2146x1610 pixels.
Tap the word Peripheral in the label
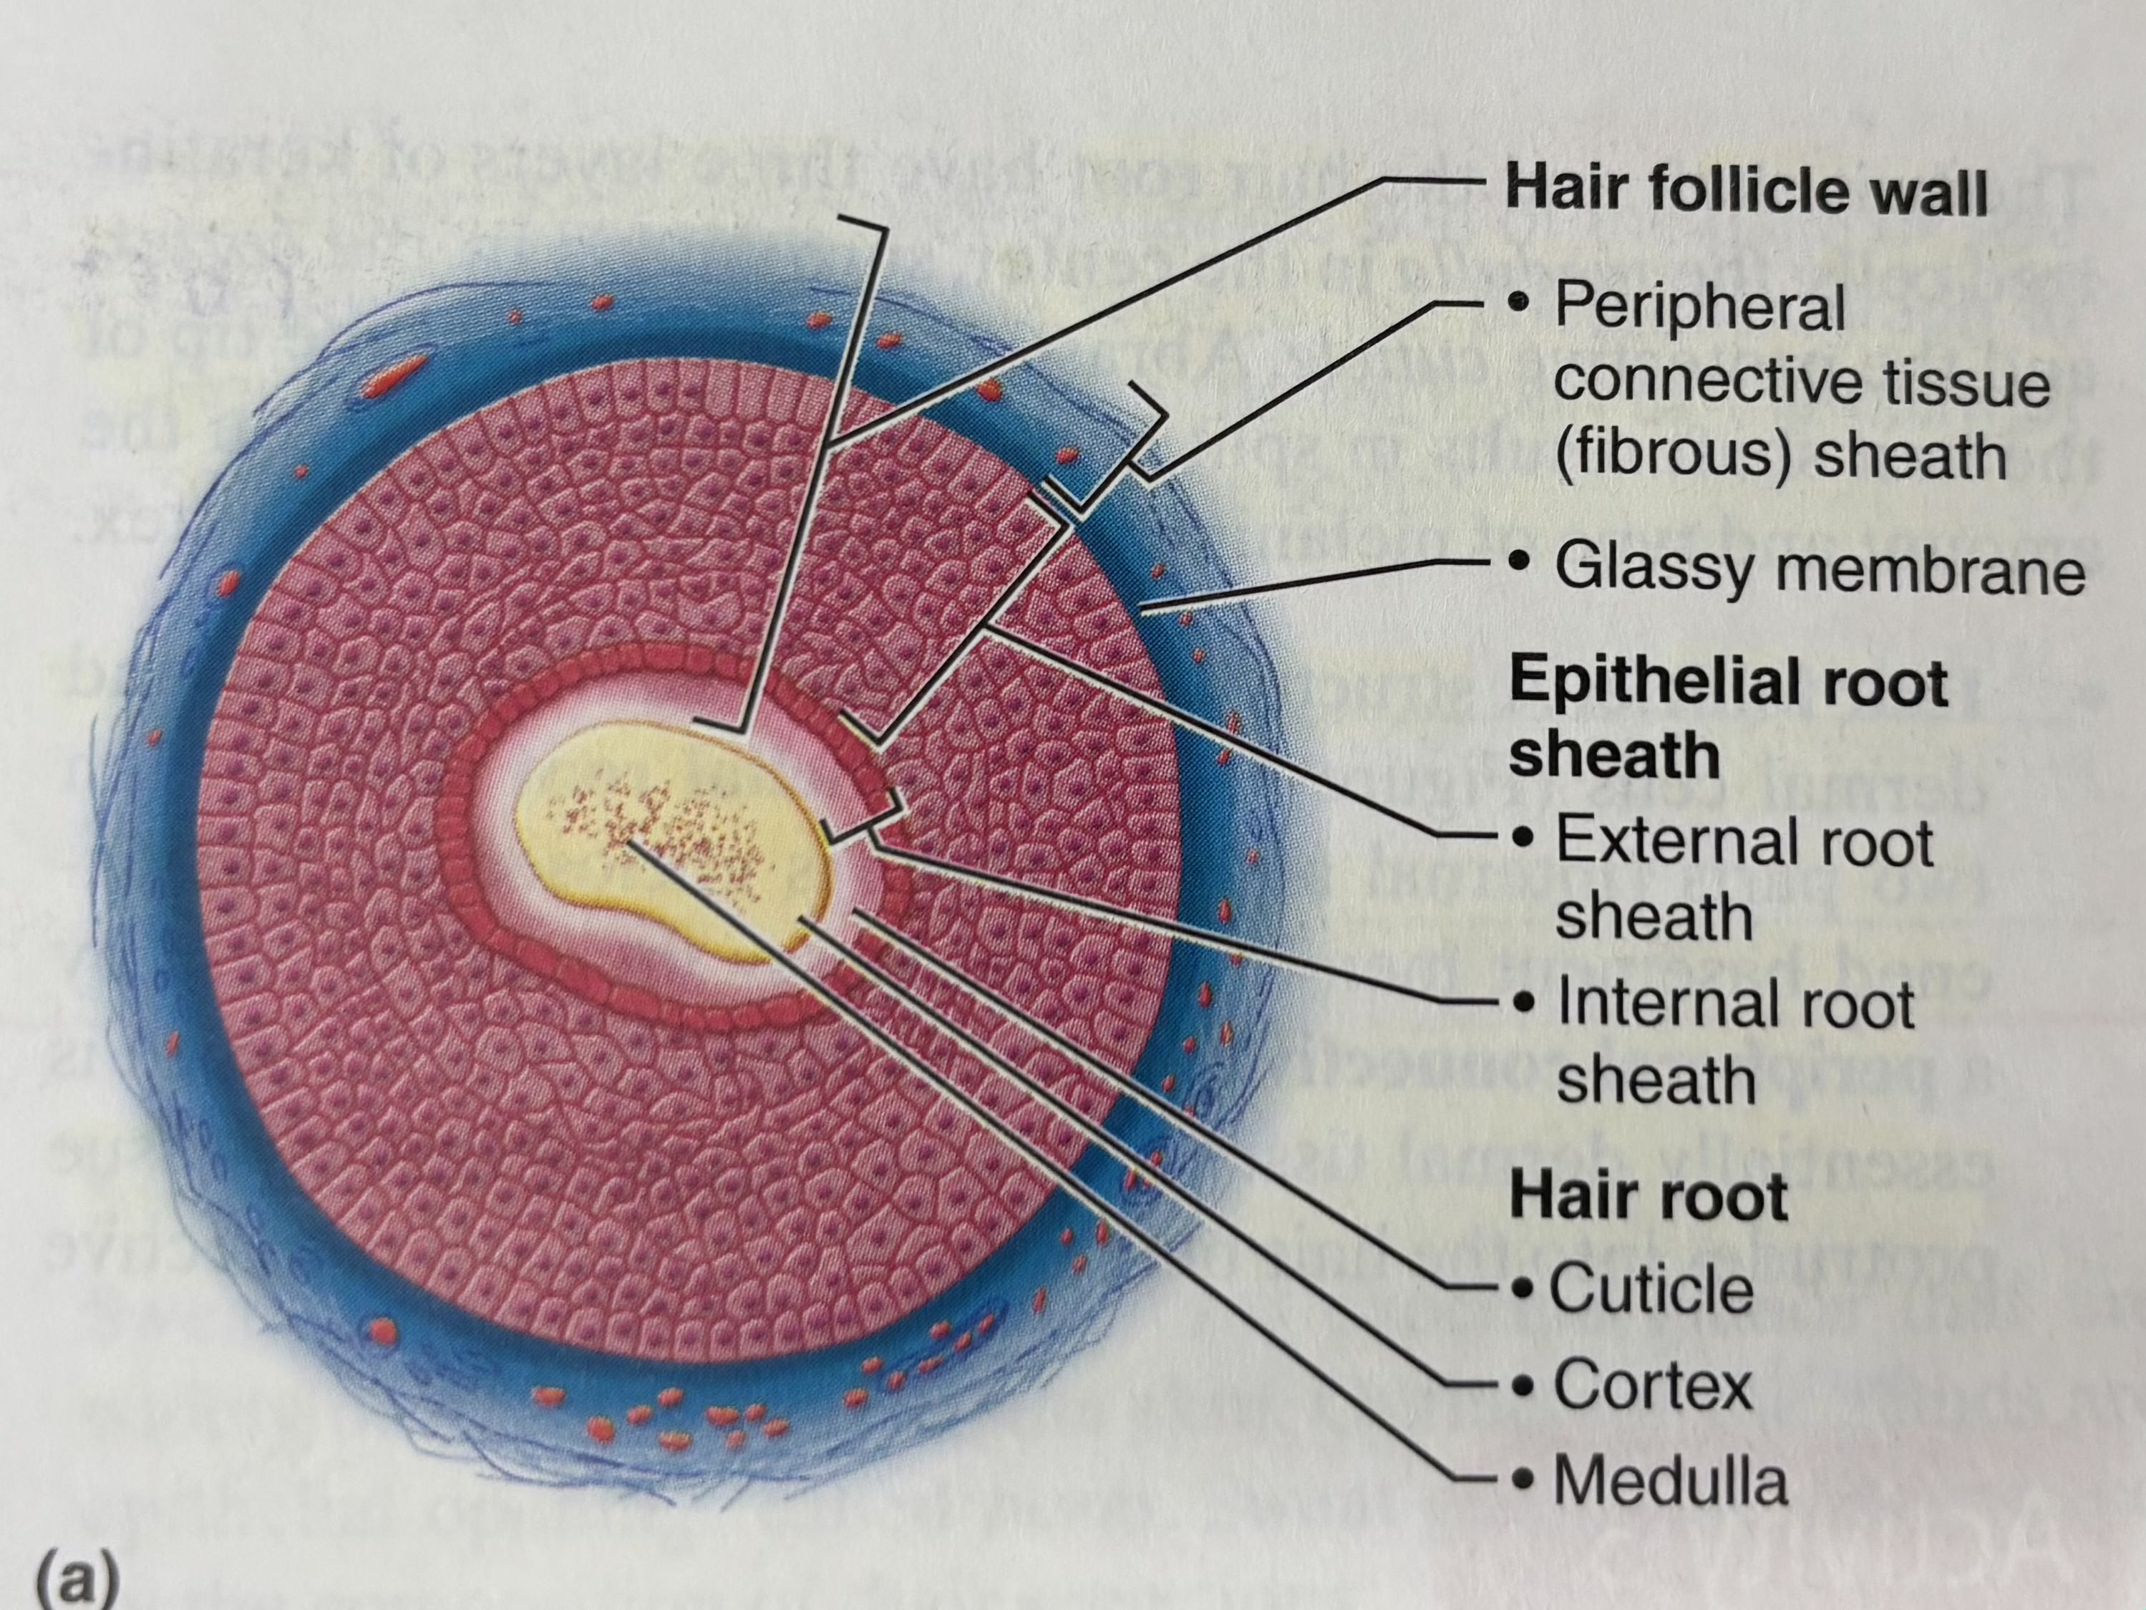1700,308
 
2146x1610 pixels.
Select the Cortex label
1652,1385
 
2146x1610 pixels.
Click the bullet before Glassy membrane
1524,562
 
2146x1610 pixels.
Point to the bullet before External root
1527,837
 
